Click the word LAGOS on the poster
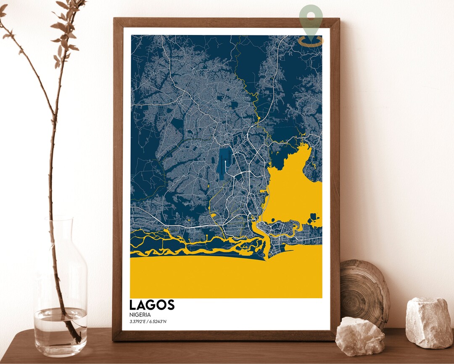point(152,305)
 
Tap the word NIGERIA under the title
point(140,314)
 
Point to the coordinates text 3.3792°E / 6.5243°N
point(148,322)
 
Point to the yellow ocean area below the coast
point(227,278)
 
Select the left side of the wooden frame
point(117,177)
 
